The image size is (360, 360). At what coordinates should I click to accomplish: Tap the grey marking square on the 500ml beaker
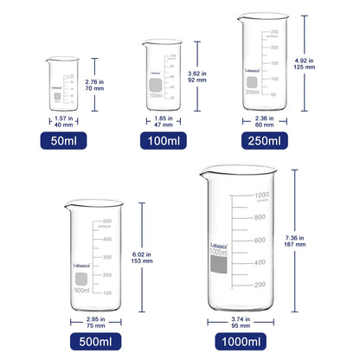point(82,279)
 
